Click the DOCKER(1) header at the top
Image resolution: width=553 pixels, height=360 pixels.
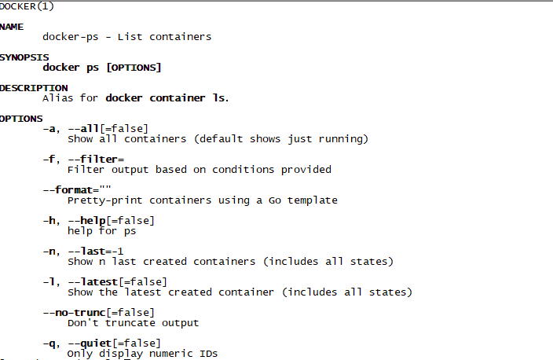point(27,6)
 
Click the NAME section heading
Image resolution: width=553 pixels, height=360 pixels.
point(12,26)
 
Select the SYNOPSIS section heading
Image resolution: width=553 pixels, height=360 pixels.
point(24,57)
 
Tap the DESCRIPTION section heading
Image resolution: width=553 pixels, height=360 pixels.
point(33,87)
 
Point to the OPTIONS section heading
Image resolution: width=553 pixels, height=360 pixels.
point(21,118)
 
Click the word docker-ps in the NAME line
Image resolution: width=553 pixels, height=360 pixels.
point(72,36)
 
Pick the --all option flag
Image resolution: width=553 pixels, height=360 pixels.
point(86,128)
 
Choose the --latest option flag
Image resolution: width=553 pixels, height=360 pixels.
point(93,281)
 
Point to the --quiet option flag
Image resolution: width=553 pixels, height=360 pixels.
point(93,343)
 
